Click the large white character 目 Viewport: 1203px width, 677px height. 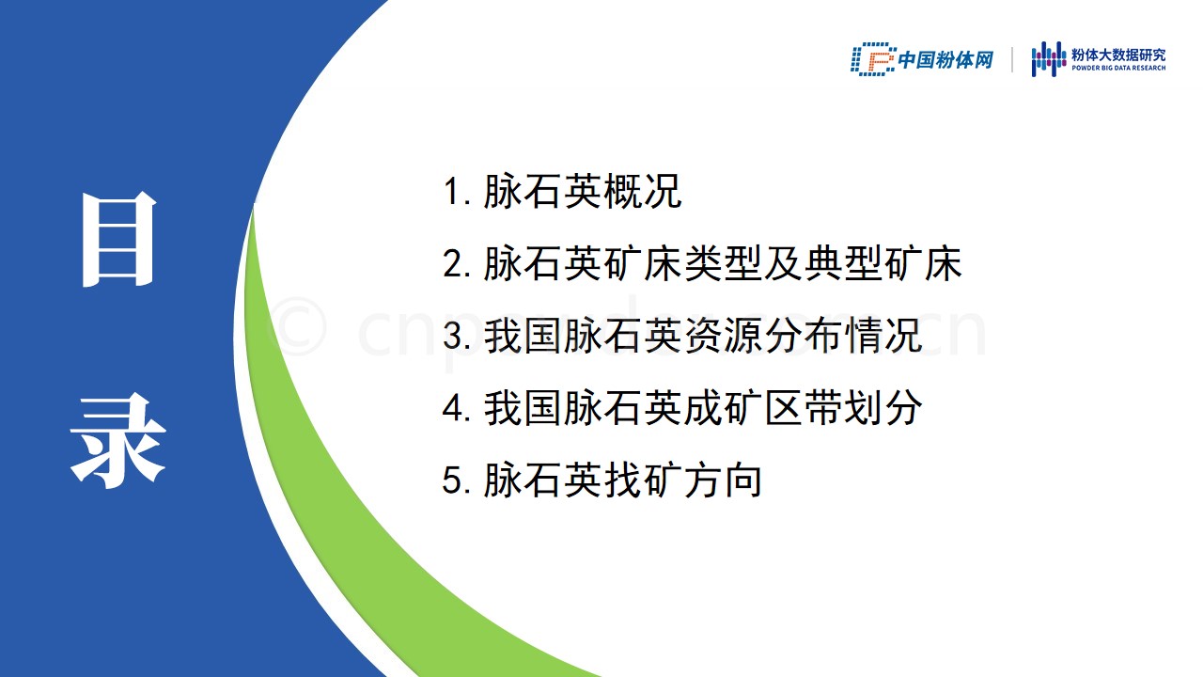point(118,239)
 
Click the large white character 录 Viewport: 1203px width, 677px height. point(118,441)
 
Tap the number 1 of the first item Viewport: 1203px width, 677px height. point(451,192)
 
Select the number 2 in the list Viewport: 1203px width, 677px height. point(452,264)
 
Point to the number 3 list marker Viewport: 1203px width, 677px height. point(452,336)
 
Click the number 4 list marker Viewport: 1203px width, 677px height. point(452,408)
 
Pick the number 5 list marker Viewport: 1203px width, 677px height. point(452,480)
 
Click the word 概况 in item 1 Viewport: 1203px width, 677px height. point(643,191)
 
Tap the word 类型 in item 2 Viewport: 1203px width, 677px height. point(723,264)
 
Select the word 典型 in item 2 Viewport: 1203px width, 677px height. point(843,264)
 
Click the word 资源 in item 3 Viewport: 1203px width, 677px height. point(723,336)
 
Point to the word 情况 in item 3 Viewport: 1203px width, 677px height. point(883,336)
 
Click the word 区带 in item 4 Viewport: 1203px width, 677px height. point(804,408)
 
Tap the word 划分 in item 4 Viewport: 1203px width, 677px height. point(883,408)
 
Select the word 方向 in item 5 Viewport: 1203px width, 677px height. point(723,480)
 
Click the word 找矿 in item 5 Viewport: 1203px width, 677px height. point(643,480)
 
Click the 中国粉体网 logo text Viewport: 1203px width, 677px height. point(945,59)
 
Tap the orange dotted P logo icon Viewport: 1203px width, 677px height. point(873,59)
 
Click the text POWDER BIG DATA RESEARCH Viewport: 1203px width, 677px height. point(1118,69)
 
